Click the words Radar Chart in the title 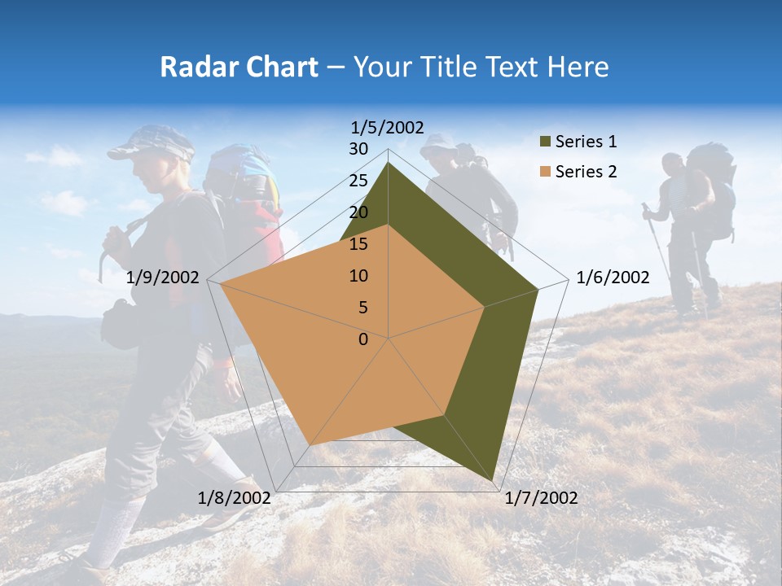coord(239,67)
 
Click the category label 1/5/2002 coord(388,127)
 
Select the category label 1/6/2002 coord(613,278)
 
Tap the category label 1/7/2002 coord(541,498)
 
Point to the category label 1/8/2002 coord(234,498)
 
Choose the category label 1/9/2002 coord(163,278)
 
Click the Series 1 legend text coord(586,142)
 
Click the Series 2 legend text coord(586,172)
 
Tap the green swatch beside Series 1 coord(545,142)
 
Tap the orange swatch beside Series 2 coord(545,173)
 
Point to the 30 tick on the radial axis coord(358,149)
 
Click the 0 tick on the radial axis coord(363,339)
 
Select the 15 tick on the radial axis coord(358,244)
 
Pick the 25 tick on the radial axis coord(358,181)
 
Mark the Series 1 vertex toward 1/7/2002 coord(493,481)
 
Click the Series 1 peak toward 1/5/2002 coord(389,163)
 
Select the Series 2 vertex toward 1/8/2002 coord(310,445)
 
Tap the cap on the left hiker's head coord(151,142)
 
